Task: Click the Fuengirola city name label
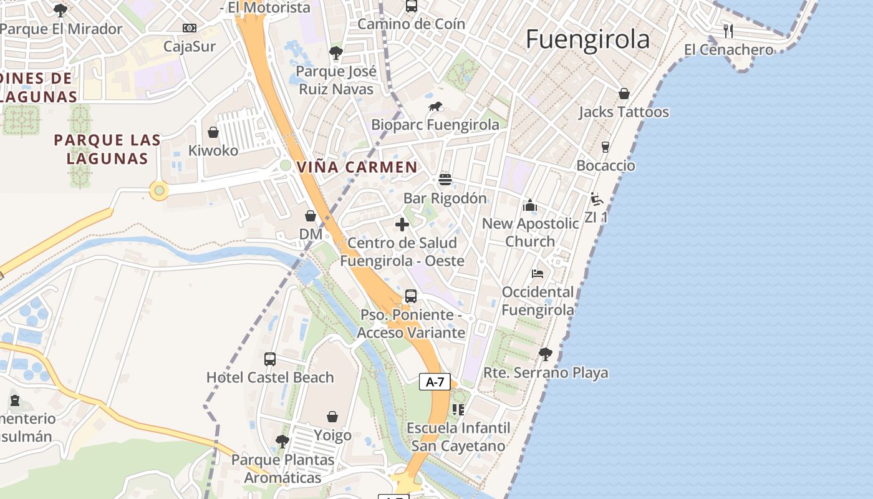coord(587,39)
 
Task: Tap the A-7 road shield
coord(435,382)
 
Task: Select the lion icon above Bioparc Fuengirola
coord(435,107)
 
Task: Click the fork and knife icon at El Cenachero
coord(728,31)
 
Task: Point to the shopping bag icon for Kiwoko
coord(213,132)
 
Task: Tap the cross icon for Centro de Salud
coord(402,225)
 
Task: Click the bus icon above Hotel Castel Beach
coord(270,359)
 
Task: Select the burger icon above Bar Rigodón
coord(445,180)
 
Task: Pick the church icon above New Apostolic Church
coord(530,205)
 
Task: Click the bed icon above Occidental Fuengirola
coord(538,273)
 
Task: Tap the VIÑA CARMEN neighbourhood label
coord(357,167)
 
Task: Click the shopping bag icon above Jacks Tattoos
coord(624,94)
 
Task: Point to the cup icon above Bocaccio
coord(605,147)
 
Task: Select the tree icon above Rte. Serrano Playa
coord(546,354)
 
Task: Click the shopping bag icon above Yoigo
coord(333,417)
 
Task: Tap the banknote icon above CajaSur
coord(190,28)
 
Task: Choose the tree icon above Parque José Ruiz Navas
coord(336,53)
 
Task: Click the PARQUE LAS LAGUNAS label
coord(107,149)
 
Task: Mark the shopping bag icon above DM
coord(311,216)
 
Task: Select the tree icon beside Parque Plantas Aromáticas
coord(282,442)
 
